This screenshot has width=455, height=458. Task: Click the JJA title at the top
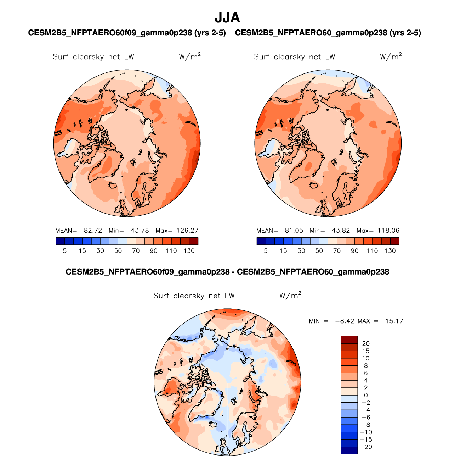[227, 17]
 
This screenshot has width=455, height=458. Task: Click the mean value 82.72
[93, 230]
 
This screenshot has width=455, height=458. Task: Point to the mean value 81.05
[294, 230]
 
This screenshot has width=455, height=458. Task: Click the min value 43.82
[341, 230]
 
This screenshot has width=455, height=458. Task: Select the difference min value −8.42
[342, 321]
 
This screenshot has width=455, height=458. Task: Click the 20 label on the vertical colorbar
[366, 343]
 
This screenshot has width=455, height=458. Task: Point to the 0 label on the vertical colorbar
[366, 395]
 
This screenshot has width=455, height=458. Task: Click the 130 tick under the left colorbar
[189, 251]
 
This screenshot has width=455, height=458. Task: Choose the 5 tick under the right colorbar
[266, 251]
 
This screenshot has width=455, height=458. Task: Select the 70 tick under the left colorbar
[136, 251]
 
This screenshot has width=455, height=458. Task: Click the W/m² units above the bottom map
[290, 295]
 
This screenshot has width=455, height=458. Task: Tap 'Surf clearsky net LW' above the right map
[294, 57]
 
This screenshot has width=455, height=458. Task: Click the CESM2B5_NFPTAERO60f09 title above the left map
[127, 33]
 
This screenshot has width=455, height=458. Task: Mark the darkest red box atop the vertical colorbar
[349, 340]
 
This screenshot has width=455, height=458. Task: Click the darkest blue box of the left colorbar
[60, 241]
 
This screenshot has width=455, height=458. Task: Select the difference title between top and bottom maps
[227, 272]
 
